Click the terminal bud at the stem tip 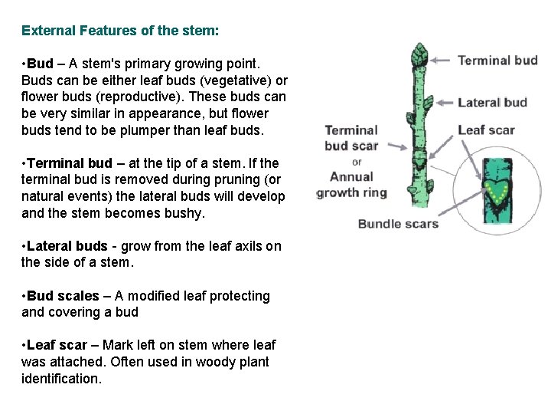tap(419, 56)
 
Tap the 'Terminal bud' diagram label tap(497, 61)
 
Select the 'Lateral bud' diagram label tap(492, 102)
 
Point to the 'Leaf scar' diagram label tap(486, 130)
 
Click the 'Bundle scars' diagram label tap(398, 224)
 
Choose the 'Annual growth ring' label tap(352, 185)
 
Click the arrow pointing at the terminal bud tap(443, 61)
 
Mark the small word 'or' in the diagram tap(357, 162)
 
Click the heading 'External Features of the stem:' tap(120, 31)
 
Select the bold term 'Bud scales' tap(64, 296)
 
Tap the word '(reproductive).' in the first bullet tap(135, 97)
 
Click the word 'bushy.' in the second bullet tap(187, 213)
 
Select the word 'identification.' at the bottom tap(61, 378)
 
